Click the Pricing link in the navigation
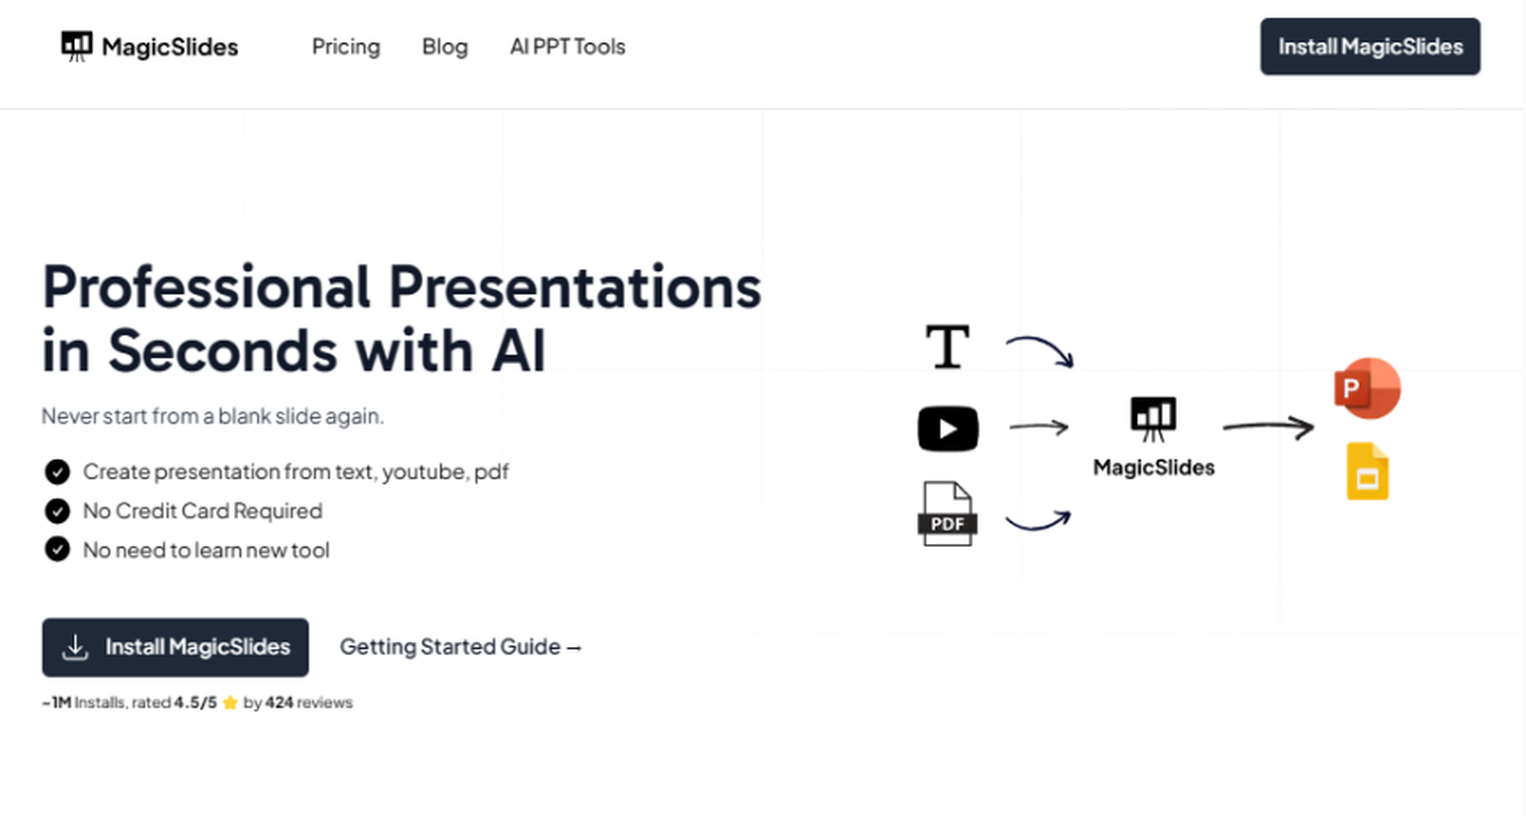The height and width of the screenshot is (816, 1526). coord(346,46)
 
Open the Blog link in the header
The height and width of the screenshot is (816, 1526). coord(445,46)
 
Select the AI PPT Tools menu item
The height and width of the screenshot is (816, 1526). coord(568,46)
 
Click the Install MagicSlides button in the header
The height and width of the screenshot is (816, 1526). coord(1370,46)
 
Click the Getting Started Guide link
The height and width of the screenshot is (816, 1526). coord(460,646)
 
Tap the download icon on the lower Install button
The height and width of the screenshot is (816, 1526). coord(75,647)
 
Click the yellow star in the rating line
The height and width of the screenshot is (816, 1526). coord(231,703)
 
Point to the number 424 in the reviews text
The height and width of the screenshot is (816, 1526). coord(279,702)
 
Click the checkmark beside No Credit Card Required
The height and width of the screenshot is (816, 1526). coord(58,511)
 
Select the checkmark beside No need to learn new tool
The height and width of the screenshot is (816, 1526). coord(58,550)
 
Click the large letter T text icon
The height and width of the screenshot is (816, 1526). coord(948,347)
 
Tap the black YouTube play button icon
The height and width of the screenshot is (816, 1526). coord(948,429)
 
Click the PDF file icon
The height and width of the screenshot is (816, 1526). coord(947,514)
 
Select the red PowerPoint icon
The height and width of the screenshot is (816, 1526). coord(1368,388)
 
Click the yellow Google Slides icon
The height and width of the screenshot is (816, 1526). coord(1368,472)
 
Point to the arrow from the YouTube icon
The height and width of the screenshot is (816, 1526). coord(1038,426)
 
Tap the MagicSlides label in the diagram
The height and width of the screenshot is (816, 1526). coord(1153,468)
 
